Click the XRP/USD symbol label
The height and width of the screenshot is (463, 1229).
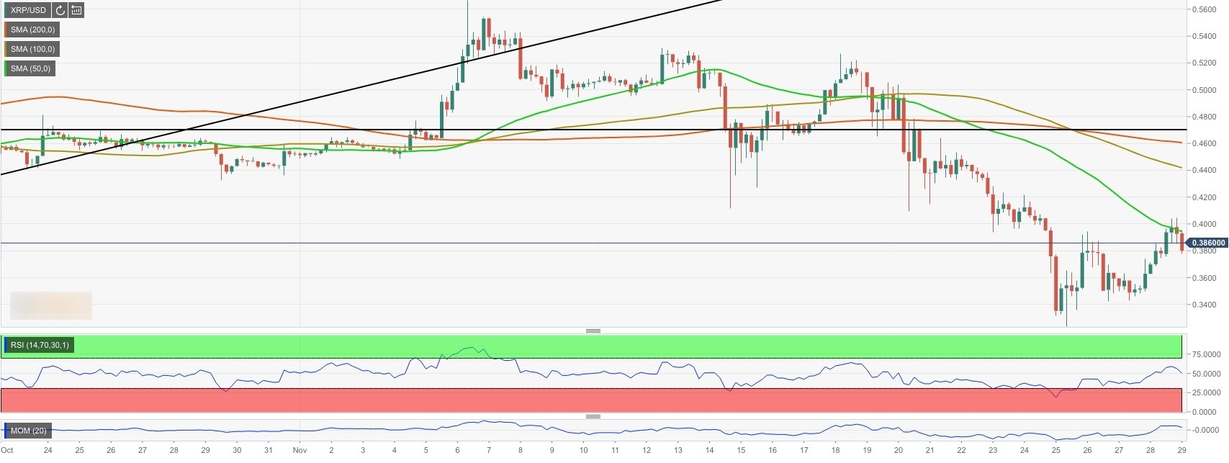click(x=28, y=10)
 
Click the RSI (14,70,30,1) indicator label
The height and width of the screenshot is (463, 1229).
click(x=40, y=346)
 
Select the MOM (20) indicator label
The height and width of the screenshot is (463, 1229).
click(x=28, y=431)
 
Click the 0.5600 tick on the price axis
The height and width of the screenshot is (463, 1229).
click(x=1203, y=9)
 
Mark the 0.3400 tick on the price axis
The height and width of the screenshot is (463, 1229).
click(x=1203, y=305)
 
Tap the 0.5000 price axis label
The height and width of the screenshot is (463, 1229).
click(x=1203, y=90)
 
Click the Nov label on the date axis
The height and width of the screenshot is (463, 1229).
click(x=300, y=451)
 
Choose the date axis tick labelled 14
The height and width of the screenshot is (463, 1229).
click(x=709, y=451)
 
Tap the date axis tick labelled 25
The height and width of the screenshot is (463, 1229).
click(x=1056, y=451)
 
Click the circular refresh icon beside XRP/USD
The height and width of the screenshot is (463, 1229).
click(x=60, y=10)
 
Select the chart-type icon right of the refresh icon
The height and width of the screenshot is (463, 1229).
click(x=76, y=10)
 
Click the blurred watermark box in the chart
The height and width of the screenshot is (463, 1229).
click(x=51, y=305)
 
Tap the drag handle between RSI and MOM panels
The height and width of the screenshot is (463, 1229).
click(x=593, y=416)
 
